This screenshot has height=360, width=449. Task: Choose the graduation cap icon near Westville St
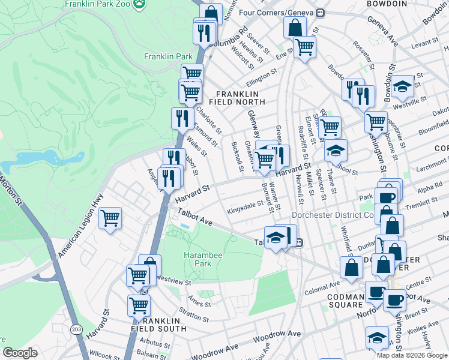[x=403, y=85]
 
